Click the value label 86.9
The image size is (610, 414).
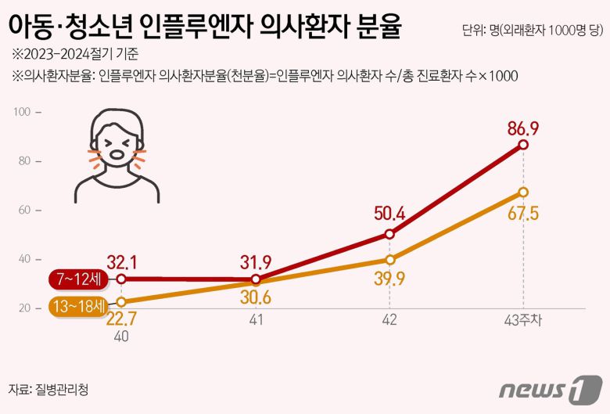523,126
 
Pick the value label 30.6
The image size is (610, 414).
256,300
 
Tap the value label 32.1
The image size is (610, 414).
122,261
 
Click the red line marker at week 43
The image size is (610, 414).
523,145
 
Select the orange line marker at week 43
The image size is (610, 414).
523,192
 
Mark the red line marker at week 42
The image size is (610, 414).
389,234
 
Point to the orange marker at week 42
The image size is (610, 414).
389,260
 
